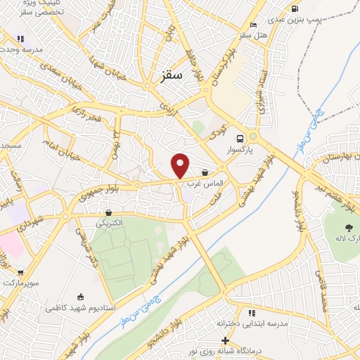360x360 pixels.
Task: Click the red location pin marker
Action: [x=181, y=166]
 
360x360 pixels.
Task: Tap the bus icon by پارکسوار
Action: [x=240, y=139]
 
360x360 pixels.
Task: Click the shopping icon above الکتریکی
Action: [x=108, y=212]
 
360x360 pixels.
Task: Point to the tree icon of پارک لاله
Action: [x=348, y=226]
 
